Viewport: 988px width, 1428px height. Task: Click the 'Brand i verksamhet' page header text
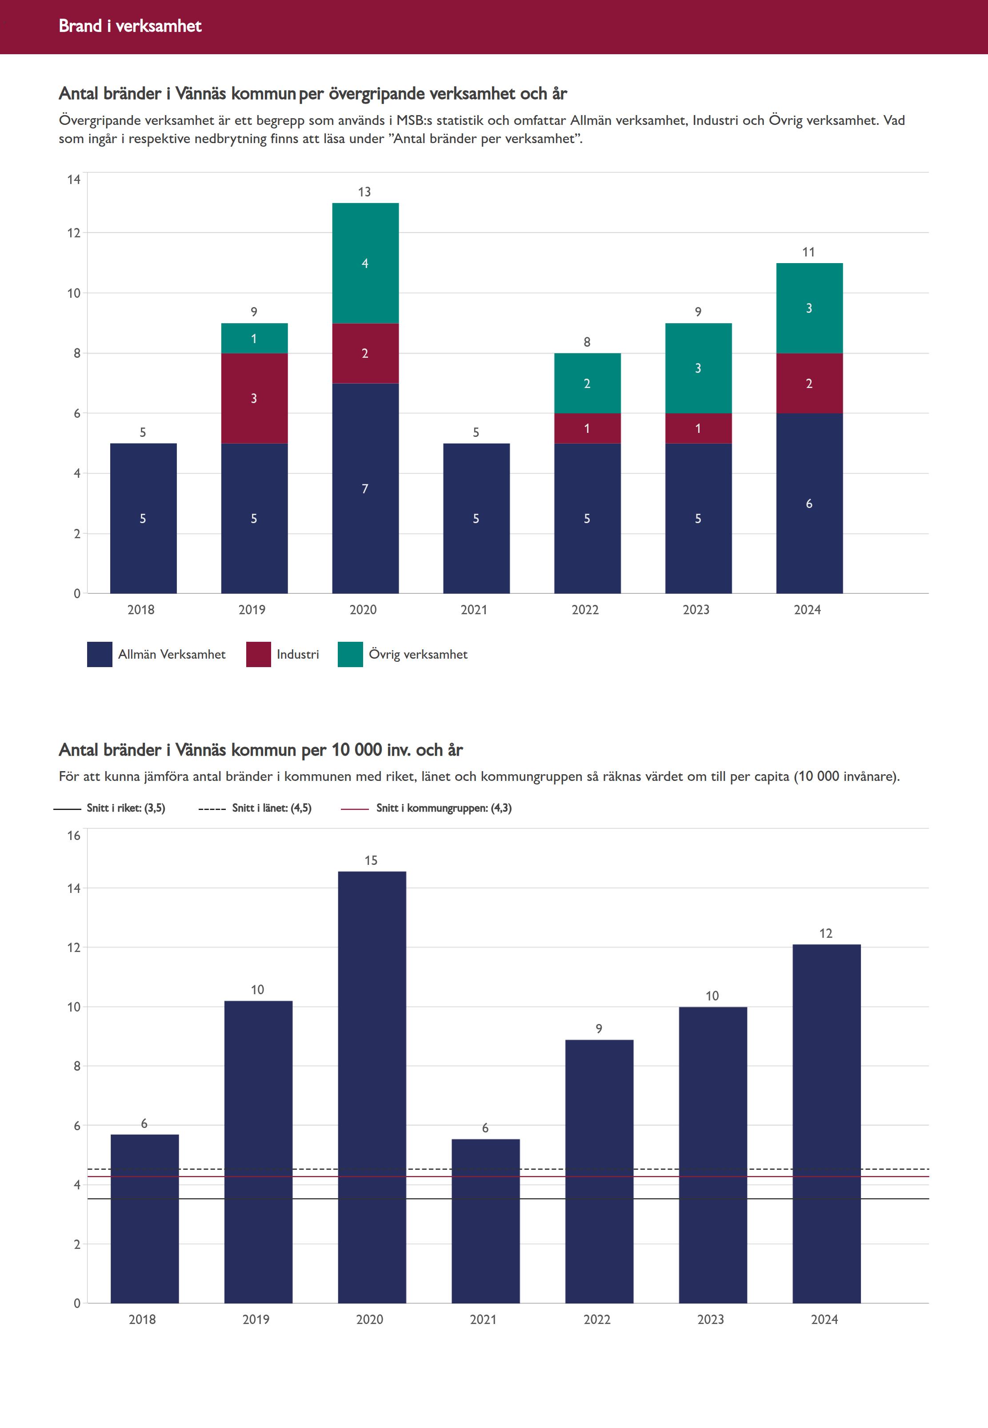pos(130,26)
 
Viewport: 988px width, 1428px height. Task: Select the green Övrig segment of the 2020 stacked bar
pos(365,263)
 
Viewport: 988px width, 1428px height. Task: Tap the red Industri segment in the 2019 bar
pos(254,398)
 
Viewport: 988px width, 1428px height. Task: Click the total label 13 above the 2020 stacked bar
pos(364,192)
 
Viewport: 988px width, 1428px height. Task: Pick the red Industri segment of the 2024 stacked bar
pos(809,383)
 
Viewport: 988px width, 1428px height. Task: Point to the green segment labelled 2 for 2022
pos(587,383)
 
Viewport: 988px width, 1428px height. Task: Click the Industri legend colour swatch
pos(258,654)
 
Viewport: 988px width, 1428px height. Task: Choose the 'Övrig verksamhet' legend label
pos(418,654)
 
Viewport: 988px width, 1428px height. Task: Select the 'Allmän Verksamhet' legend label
pos(172,654)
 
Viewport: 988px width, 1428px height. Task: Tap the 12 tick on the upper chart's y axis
pos(74,233)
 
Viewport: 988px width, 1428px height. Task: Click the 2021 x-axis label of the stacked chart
pos(474,610)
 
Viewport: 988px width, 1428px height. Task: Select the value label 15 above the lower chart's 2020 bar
pos(371,860)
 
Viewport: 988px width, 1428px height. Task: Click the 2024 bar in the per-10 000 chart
pos(826,1127)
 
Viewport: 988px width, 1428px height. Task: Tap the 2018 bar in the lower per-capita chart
pos(144,1220)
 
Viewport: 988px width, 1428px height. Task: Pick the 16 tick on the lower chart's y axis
pos(74,836)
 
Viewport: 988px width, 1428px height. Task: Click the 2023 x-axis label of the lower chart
pos(711,1319)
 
